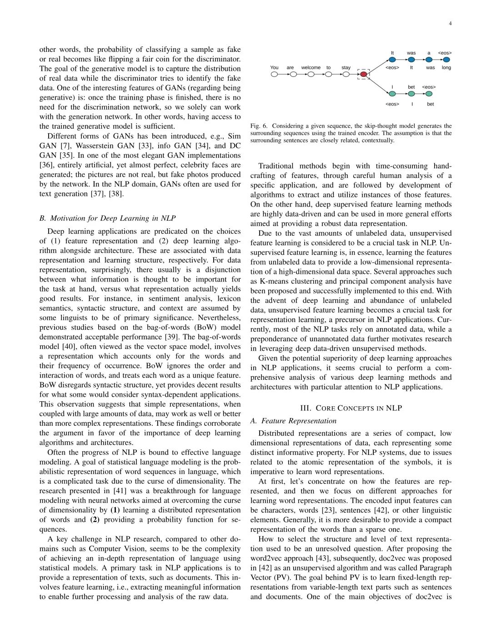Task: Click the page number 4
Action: pyautogui.click(x=450, y=24)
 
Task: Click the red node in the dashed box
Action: pyautogui.click(x=363, y=74)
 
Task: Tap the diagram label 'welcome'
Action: pyautogui.click(x=311, y=68)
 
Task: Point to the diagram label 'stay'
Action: pyautogui.click(x=346, y=68)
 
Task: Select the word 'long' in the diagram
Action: pyautogui.click(x=446, y=68)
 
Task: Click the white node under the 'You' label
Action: pyautogui.click(x=274, y=74)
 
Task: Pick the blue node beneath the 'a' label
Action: pyautogui.click(x=429, y=60)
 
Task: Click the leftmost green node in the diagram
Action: pyautogui.click(x=392, y=94)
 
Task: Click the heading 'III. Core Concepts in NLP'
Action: pyautogui.click(x=351, y=408)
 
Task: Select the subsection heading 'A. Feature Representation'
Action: pyautogui.click(x=293, y=421)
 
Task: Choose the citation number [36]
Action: pyautogui.click(x=46, y=165)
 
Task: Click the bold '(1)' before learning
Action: pyautogui.click(x=115, y=510)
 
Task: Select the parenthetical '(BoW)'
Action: pyautogui.click(x=195, y=327)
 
